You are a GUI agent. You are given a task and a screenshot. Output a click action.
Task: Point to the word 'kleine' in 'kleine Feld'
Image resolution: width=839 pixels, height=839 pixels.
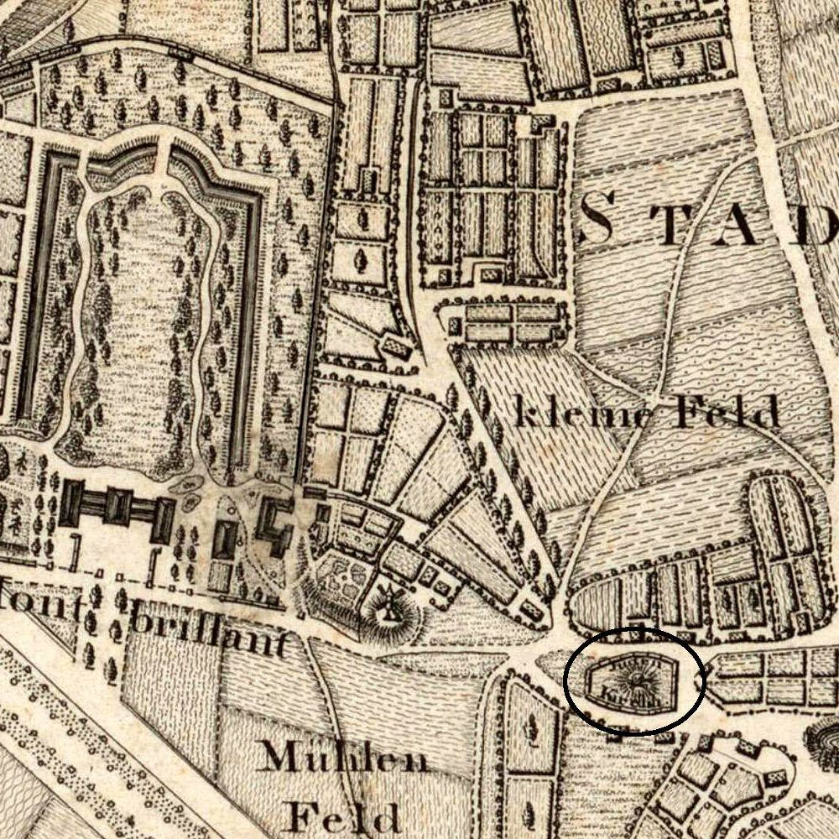pyautogui.click(x=578, y=414)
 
